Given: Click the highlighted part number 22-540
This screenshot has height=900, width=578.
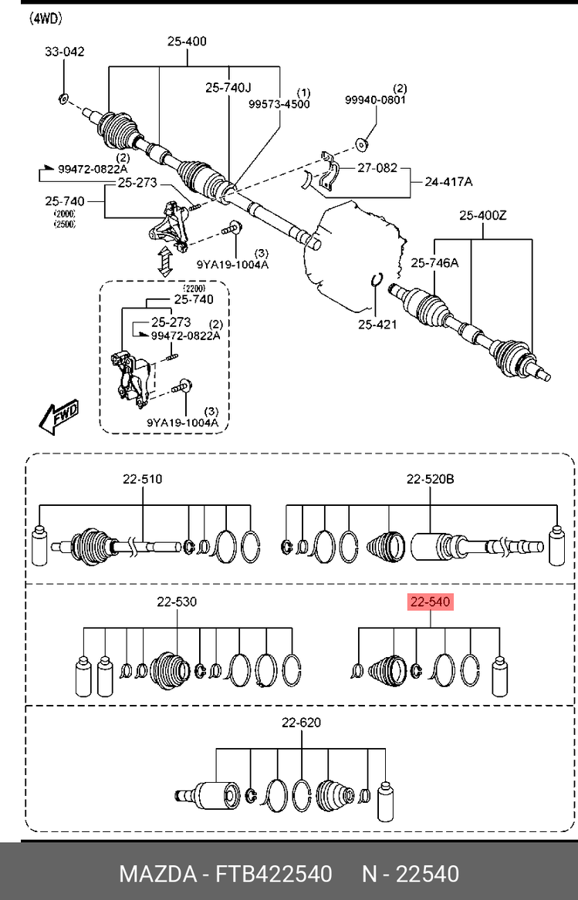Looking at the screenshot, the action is pos(431,602).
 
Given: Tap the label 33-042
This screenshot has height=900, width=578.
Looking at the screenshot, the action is pos(65,52).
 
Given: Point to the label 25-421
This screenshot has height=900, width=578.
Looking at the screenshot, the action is pos(377,325).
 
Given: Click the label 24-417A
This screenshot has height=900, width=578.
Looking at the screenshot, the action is pos(448,182).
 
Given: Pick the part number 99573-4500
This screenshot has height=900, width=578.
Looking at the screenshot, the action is pos(279,104).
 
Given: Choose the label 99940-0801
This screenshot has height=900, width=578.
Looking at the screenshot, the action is pos(375,100).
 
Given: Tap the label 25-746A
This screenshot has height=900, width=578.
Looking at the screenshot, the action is pos(435,263).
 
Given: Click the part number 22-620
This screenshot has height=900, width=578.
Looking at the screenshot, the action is pos(301,723).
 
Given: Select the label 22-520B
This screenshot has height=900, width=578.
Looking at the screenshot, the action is pos(431,479).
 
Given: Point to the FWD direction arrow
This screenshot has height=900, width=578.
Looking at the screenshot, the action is pos(58,417).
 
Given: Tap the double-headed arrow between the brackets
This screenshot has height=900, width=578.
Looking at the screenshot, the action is pos(165,261).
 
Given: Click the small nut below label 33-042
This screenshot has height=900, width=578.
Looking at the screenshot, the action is pos(64,99).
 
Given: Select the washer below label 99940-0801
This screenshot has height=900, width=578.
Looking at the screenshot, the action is pos(361,144).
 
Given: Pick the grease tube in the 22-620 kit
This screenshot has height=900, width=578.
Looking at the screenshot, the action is pos(386,801).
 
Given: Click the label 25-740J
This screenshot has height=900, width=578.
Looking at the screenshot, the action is pos(228,87).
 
